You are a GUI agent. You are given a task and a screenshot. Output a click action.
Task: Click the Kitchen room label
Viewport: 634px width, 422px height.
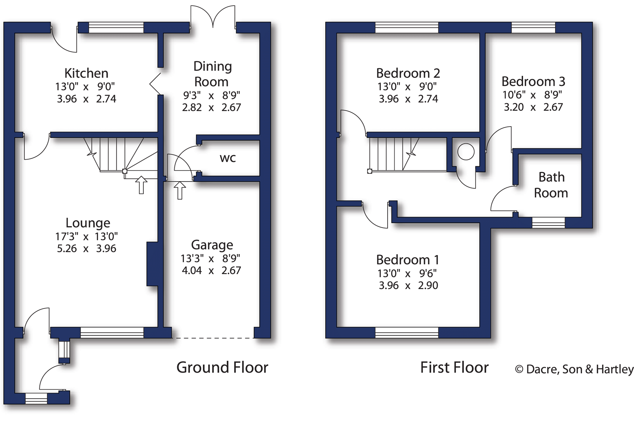(x=86, y=73)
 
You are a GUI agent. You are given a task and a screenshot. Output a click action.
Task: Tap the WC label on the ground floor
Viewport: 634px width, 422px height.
(x=228, y=158)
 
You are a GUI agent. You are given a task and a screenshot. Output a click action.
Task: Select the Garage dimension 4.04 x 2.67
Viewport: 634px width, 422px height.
(x=211, y=270)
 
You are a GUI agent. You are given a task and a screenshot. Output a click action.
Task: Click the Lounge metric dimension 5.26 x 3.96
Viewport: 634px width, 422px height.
(x=86, y=248)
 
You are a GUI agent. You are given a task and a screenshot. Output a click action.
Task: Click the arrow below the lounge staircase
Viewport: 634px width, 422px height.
(x=141, y=185)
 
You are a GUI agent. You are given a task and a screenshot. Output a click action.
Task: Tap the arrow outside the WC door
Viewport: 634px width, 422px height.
(x=180, y=190)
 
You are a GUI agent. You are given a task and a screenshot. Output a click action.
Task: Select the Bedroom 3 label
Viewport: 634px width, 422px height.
(x=533, y=81)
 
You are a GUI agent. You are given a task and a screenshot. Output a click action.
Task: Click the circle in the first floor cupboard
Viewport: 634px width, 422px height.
(x=466, y=152)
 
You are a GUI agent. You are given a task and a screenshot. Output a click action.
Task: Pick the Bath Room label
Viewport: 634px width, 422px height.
(x=551, y=185)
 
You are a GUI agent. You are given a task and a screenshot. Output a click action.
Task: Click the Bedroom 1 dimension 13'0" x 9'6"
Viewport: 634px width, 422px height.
(x=407, y=273)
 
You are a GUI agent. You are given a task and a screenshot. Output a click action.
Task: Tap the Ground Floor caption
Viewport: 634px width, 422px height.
(x=222, y=367)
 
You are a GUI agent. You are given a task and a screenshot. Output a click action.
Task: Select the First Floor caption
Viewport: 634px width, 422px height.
(x=454, y=367)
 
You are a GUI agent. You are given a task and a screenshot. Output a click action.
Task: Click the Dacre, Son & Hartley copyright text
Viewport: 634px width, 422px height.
(x=574, y=369)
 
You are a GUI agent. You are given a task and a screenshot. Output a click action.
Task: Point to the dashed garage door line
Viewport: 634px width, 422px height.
(x=215, y=338)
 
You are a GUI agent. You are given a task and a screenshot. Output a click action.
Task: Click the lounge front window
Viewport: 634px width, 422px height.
(x=112, y=332)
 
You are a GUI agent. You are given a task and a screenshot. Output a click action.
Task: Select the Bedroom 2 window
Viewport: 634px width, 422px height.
(x=407, y=28)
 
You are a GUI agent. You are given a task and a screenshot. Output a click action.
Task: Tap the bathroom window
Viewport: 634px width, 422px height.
(x=548, y=222)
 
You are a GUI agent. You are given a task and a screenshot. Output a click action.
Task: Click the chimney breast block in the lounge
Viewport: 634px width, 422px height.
(x=152, y=264)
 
